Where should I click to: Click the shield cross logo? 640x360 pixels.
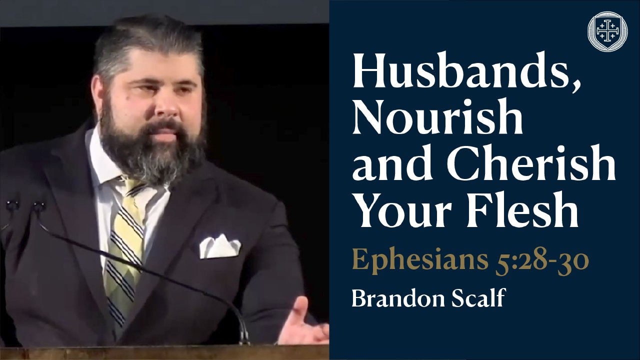click(607, 31)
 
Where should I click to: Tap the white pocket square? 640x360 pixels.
click(219, 246)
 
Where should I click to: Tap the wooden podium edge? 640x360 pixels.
click(164, 353)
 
